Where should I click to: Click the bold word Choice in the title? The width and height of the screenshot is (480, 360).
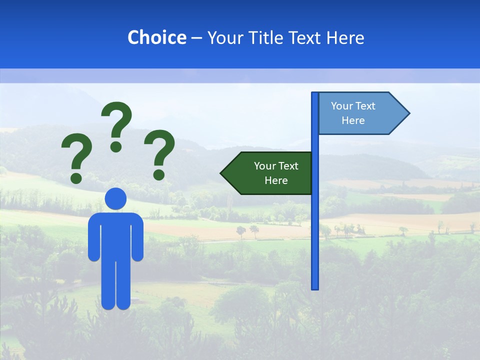[x=156, y=37]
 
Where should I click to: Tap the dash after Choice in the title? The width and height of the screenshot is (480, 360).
[x=196, y=38]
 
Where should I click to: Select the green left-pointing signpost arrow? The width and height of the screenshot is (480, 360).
[x=267, y=173]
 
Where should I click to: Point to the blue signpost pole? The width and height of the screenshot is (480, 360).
[x=315, y=225]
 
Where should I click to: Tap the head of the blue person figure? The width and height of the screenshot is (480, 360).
[x=115, y=198]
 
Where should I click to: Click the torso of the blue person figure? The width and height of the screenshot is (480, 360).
[x=115, y=235]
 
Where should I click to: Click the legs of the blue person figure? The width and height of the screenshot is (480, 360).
[x=115, y=285]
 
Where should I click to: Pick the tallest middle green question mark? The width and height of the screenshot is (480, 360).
[x=117, y=120]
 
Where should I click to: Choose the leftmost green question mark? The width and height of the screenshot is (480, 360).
[x=76, y=155]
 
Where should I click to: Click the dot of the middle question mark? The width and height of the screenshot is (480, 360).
[x=116, y=146]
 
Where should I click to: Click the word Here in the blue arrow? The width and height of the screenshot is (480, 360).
[x=353, y=120]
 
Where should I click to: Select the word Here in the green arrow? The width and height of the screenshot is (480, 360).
[x=276, y=180]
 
